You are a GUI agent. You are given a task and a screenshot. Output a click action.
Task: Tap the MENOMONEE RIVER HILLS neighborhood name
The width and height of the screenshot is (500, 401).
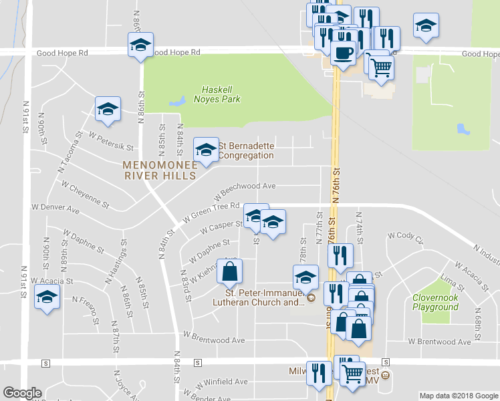[159, 170]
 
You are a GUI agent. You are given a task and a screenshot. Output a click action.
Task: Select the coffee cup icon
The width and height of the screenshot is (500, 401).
[343, 53]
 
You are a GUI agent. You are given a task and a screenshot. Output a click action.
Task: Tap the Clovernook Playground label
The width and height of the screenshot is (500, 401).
[435, 302]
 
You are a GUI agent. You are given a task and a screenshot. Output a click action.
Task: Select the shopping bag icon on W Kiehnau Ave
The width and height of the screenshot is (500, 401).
[229, 271]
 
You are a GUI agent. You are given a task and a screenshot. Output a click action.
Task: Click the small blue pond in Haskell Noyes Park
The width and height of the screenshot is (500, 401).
[177, 102]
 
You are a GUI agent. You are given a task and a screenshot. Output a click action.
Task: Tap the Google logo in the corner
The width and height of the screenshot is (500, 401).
[22, 393]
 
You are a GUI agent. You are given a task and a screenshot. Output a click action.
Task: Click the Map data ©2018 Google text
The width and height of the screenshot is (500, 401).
[458, 396]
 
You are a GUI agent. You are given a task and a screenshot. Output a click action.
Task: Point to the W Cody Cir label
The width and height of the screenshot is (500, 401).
[406, 238]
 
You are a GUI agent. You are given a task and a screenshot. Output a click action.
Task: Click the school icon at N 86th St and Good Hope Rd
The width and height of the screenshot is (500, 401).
[140, 44]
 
